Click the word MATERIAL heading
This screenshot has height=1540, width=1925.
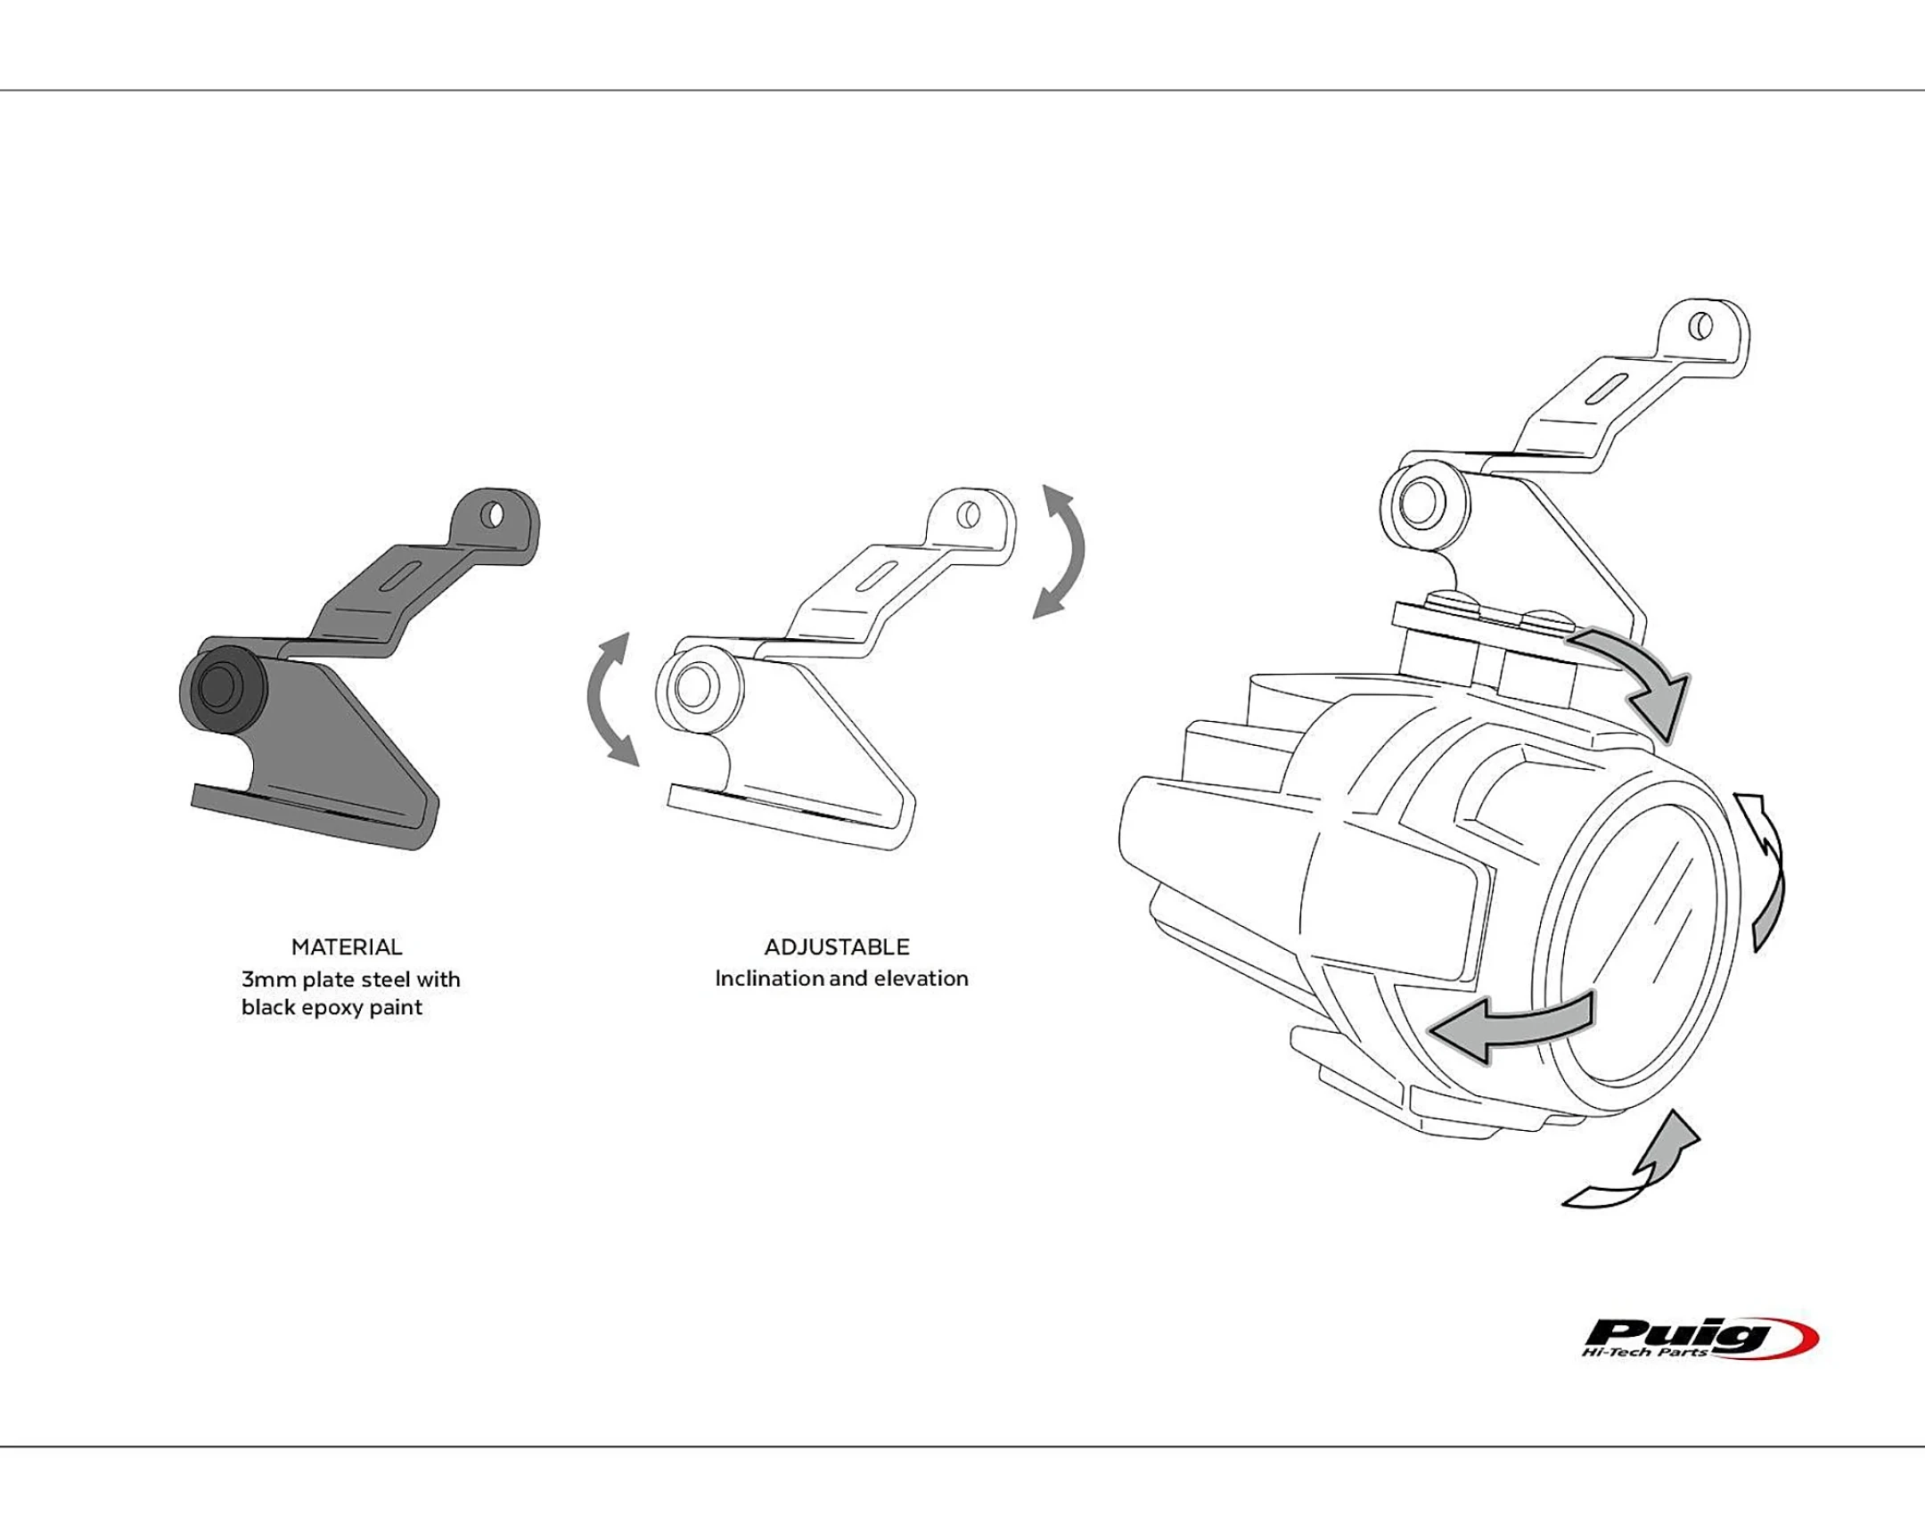point(347,946)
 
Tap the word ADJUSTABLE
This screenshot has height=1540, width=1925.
point(837,946)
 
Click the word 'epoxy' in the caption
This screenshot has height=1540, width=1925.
point(331,1008)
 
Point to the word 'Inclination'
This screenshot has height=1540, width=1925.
point(770,979)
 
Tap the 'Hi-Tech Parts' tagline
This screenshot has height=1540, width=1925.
point(1643,1354)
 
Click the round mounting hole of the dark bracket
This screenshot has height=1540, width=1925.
point(492,515)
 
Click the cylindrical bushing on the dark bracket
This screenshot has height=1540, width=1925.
point(222,688)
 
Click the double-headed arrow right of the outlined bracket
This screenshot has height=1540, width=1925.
point(1061,551)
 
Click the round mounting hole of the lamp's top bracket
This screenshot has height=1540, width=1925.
point(1701,326)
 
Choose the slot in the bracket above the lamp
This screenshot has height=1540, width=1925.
point(1607,390)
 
